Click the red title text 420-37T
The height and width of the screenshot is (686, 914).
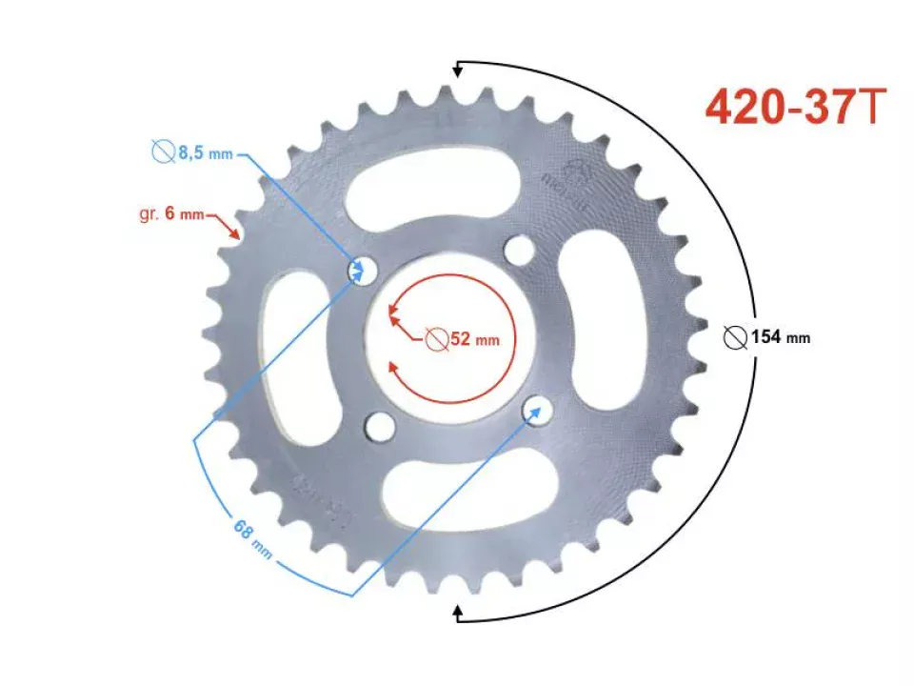[x=798, y=107]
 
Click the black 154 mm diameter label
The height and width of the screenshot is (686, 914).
[x=779, y=336]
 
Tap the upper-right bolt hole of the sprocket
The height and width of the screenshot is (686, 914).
[x=520, y=252]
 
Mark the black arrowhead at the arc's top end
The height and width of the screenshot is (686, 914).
[x=459, y=68]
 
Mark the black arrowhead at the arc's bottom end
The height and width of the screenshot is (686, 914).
[x=459, y=613]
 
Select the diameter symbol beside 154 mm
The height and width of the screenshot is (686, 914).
[x=735, y=336]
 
